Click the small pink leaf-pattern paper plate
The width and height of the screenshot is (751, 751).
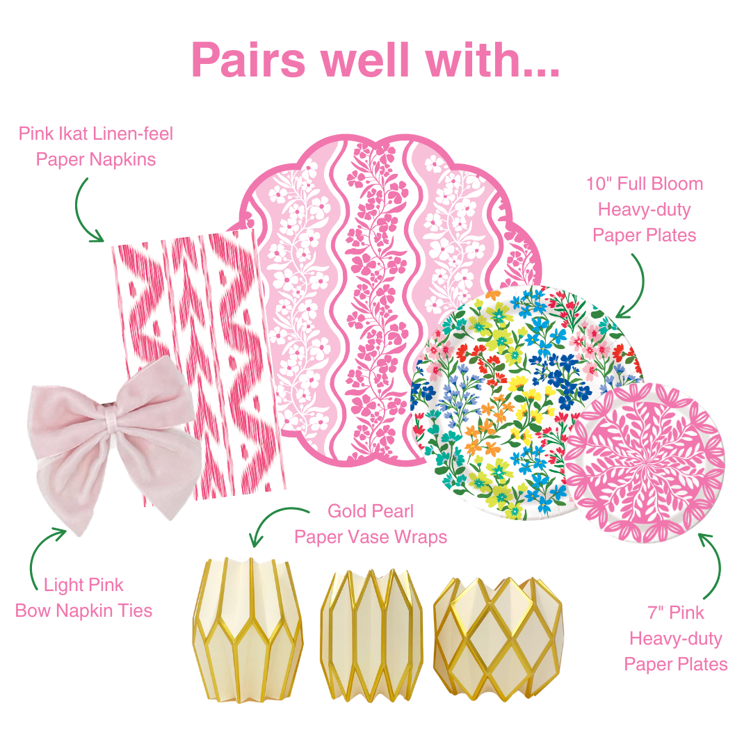click(644, 462)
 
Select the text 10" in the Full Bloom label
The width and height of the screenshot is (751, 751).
click(600, 184)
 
